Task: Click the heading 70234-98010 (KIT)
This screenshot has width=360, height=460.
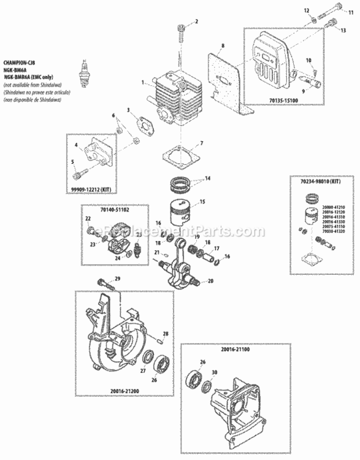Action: [x=320, y=182]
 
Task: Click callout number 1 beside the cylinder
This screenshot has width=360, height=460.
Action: [x=142, y=82]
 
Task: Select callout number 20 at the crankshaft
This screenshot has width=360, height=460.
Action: [x=210, y=282]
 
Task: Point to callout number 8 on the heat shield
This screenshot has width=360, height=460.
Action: [x=223, y=46]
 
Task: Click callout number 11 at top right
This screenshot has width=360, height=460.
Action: [x=343, y=12]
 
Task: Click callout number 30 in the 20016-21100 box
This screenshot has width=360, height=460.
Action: [x=214, y=372]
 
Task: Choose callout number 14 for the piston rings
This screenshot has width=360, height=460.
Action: [x=207, y=178]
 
